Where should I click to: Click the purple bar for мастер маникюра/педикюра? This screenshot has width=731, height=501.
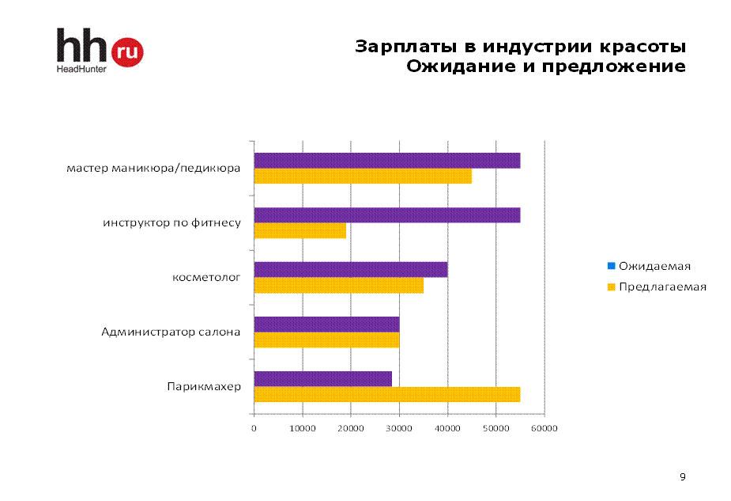click(x=386, y=161)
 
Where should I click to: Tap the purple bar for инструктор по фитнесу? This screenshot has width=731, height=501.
click(x=386, y=215)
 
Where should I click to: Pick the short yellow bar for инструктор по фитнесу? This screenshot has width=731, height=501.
click(x=300, y=231)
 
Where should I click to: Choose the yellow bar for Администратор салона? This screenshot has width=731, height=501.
click(x=326, y=340)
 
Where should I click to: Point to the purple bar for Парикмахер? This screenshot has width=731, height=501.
click(x=322, y=378)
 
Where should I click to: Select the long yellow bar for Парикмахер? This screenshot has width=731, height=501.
click(x=386, y=394)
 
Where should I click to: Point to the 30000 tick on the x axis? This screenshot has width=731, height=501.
click(x=399, y=428)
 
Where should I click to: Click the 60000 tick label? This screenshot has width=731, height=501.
click(x=544, y=428)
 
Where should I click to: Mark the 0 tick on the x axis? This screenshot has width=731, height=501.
click(x=254, y=428)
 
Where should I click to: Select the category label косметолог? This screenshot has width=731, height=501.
click(x=206, y=278)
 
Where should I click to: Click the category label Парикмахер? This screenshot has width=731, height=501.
click(x=203, y=387)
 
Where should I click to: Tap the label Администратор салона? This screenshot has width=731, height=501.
click(x=171, y=332)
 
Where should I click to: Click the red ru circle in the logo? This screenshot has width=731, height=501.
click(x=129, y=52)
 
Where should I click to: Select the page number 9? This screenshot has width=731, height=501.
click(x=683, y=476)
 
